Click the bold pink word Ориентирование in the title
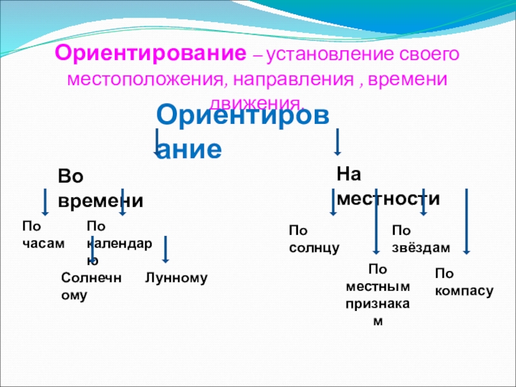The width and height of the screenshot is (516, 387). (x=152, y=54)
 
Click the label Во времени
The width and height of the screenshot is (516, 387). (x=100, y=188)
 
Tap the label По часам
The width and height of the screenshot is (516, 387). (x=44, y=235)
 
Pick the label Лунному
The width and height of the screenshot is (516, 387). (x=176, y=278)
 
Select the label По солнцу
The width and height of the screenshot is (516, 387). (x=313, y=239)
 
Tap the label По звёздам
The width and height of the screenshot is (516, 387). (x=421, y=239)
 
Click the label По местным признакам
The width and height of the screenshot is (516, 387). (x=378, y=294)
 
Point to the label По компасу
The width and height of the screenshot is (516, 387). (x=464, y=283)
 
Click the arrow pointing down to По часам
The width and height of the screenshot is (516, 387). (x=45, y=201)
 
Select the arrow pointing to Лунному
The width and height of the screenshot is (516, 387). (x=166, y=249)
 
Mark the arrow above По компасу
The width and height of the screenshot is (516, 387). (x=468, y=220)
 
